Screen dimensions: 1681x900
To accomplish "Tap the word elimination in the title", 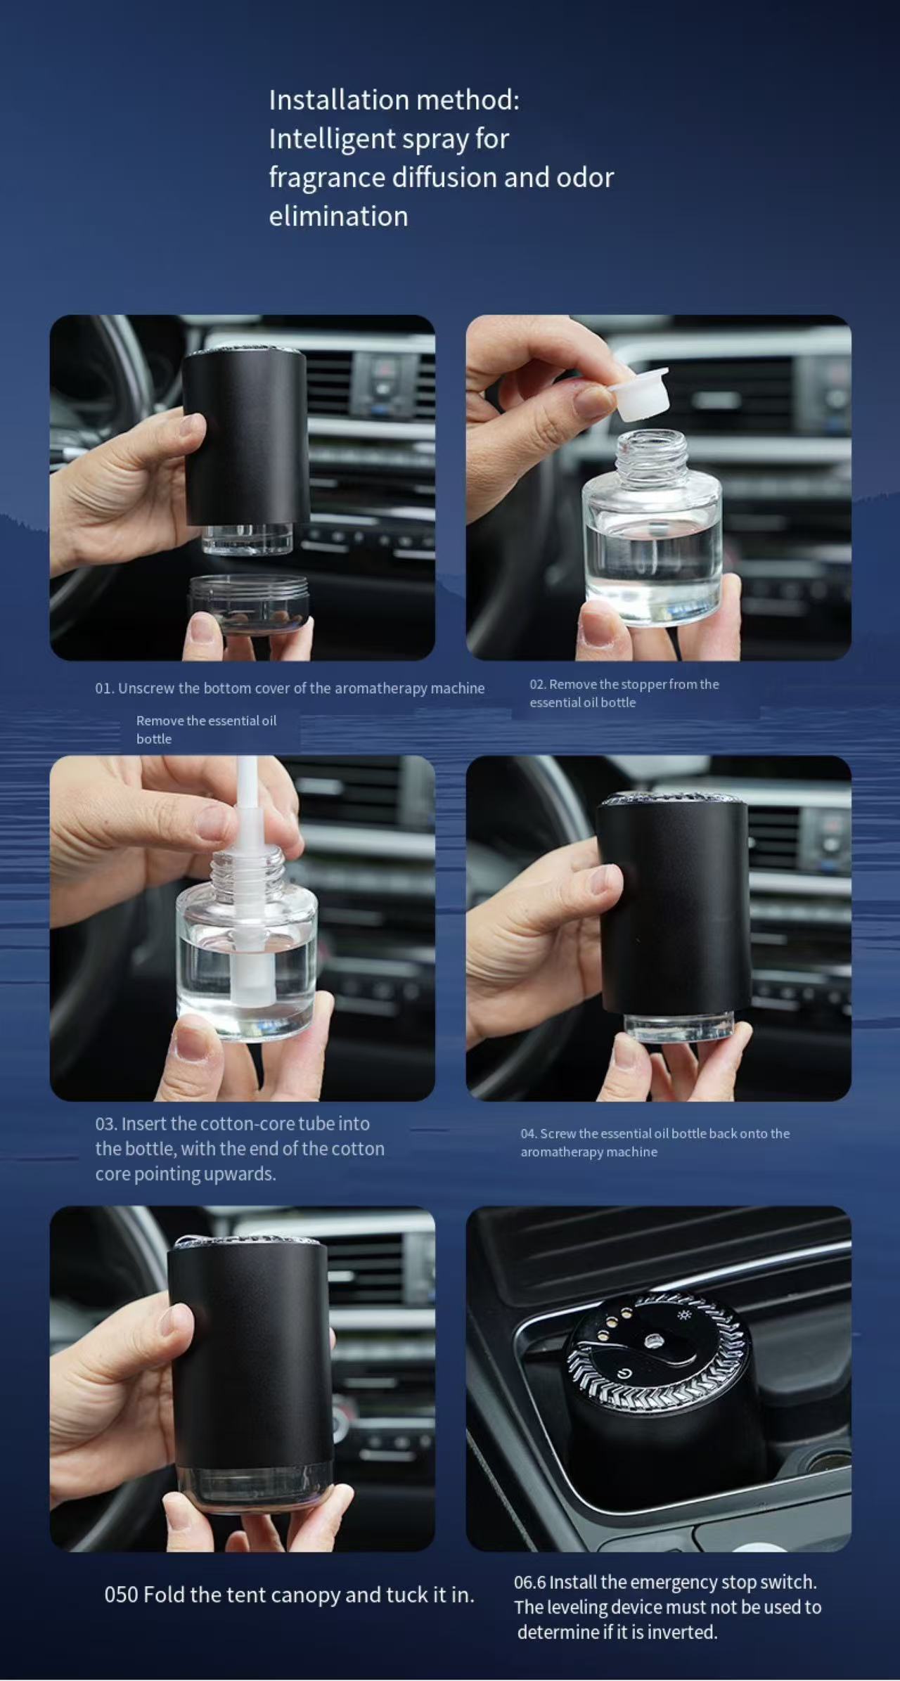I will pos(338,217).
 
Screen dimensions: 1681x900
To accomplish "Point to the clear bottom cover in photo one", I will pos(250,604).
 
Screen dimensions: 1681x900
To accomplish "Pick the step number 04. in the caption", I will pos(528,1133).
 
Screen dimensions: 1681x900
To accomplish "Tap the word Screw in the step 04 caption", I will pos(558,1133).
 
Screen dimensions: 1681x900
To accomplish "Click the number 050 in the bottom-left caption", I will pos(120,1595).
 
